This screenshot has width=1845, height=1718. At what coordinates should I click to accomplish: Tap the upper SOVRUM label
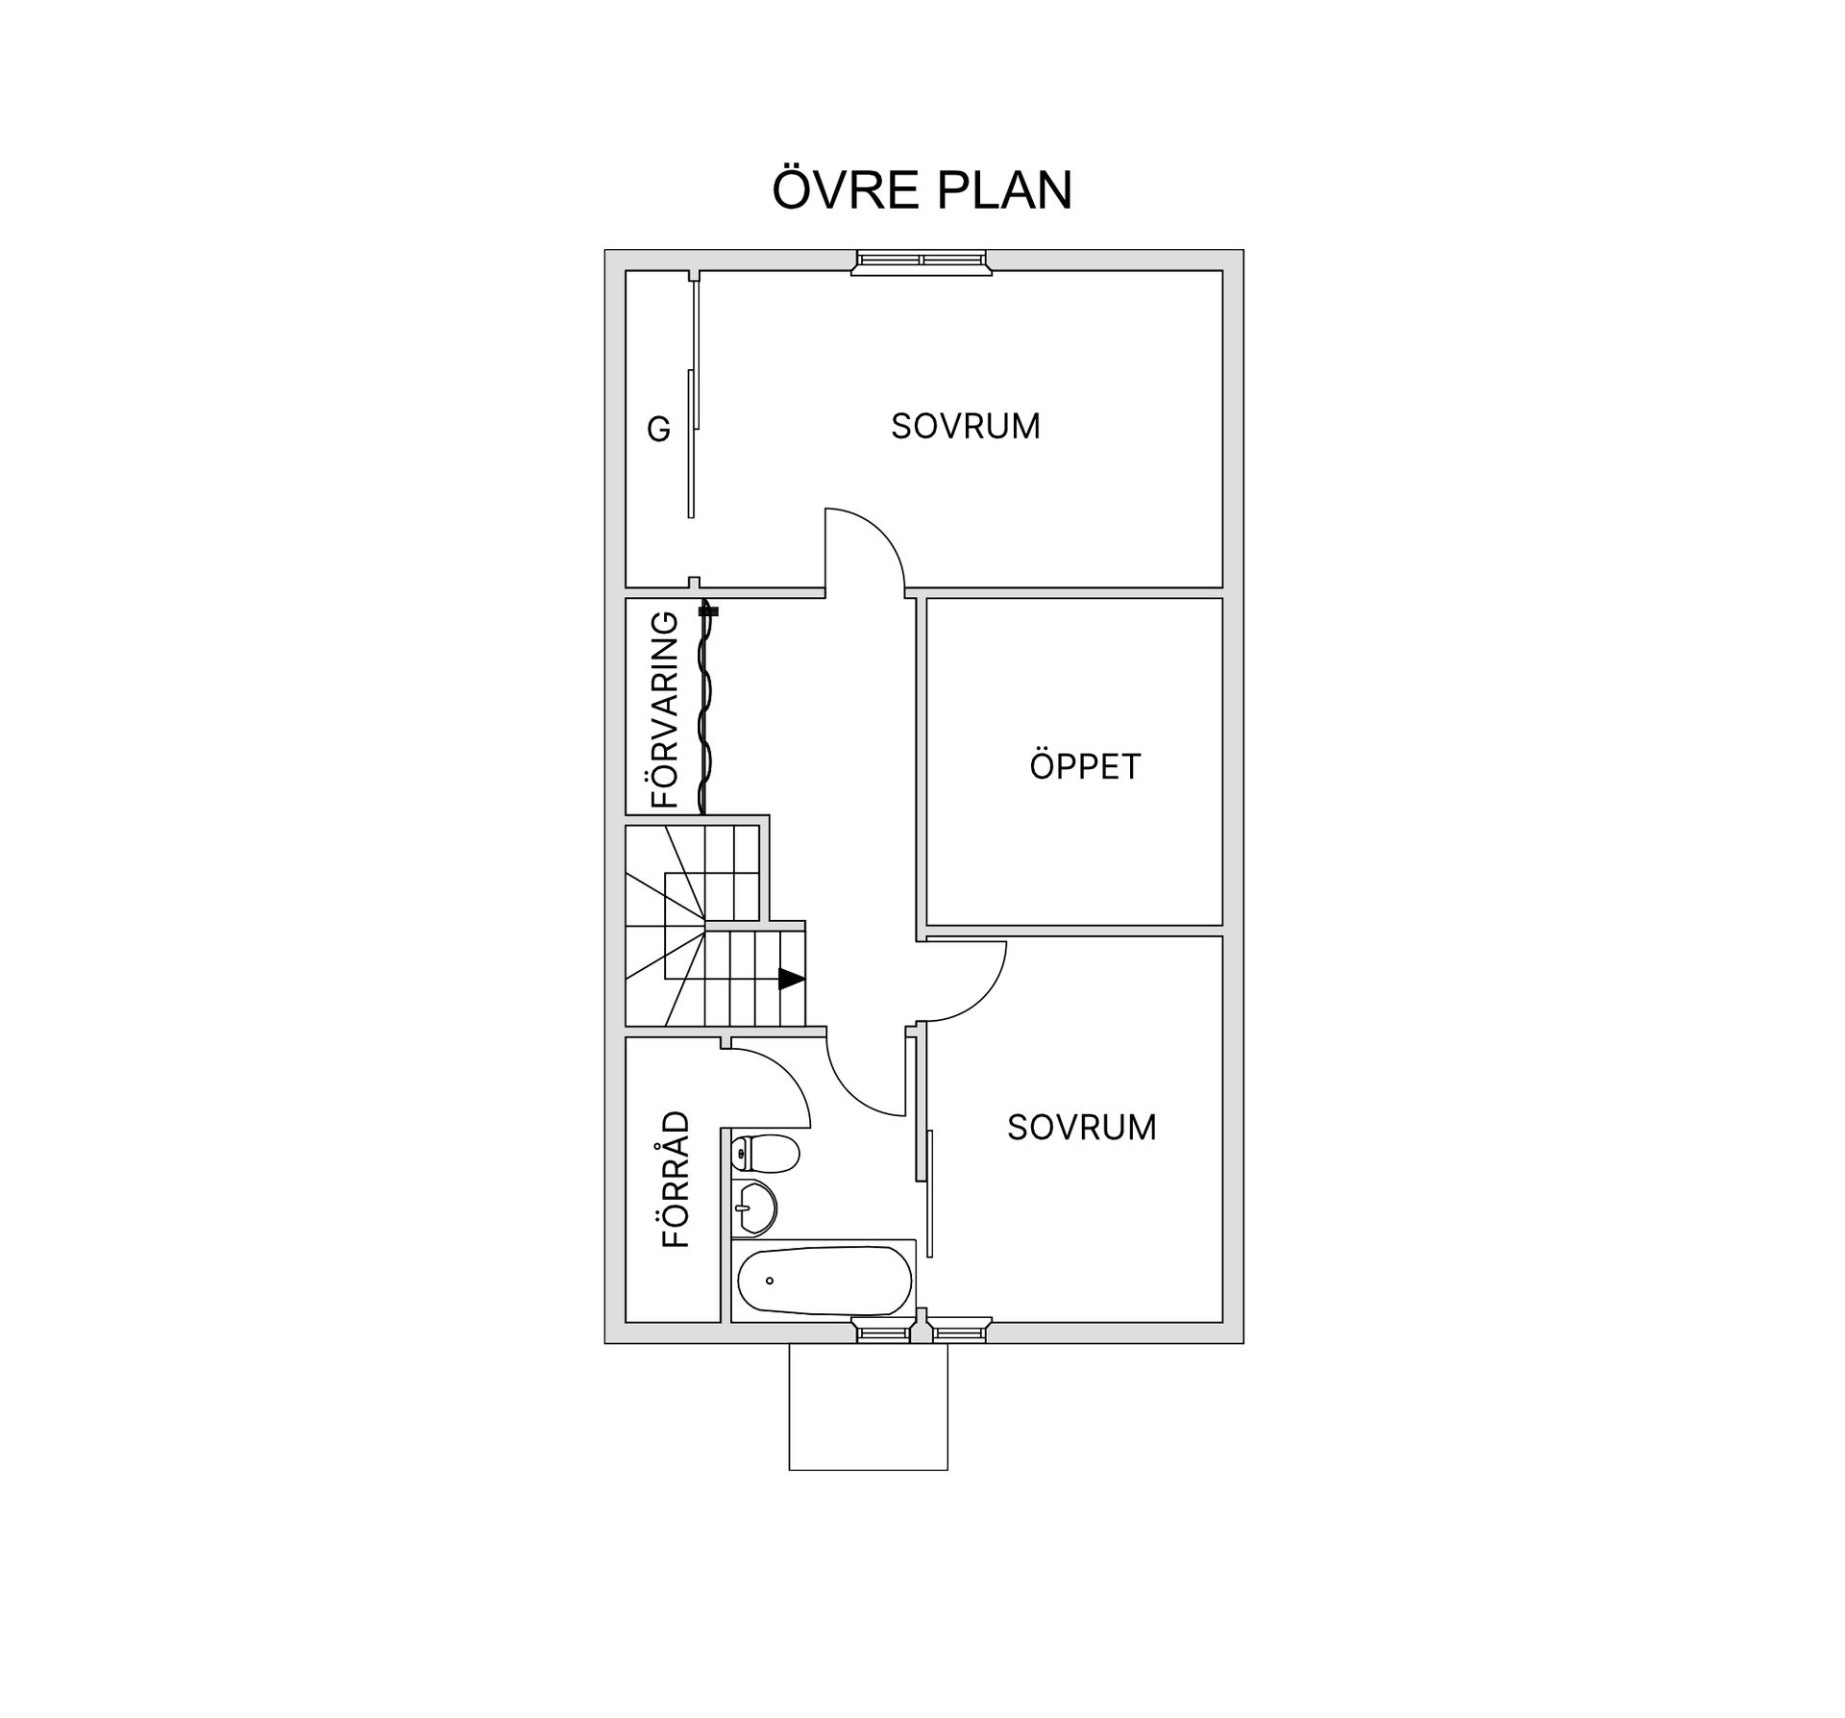pos(966,426)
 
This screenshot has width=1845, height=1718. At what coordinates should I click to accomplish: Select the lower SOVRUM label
pos(1082,1127)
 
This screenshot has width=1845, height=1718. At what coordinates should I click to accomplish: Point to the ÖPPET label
pos(1085,766)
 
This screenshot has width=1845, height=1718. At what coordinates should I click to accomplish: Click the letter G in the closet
pos(658,429)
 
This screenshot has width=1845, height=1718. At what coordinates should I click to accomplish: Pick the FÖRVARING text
pos(665,710)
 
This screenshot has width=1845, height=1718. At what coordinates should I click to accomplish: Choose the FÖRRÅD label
pos(676,1179)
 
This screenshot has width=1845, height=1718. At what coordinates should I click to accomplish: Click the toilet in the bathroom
pos(766,1153)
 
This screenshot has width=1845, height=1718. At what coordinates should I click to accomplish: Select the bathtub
pos(824,1281)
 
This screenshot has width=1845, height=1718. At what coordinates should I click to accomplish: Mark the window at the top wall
pos(922,262)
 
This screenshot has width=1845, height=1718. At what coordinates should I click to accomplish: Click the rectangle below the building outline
pos(869,1407)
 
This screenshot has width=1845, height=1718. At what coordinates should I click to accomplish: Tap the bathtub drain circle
pos(770,1281)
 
